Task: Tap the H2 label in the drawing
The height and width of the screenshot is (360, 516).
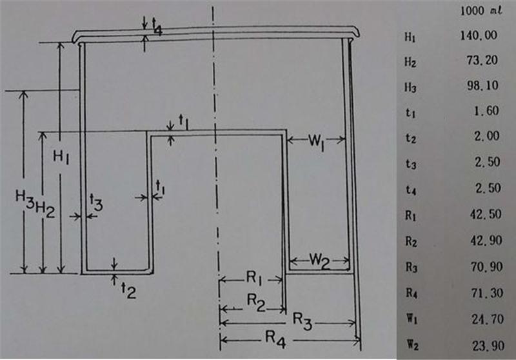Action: tap(45, 207)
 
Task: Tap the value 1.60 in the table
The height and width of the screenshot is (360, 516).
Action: tap(486, 112)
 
